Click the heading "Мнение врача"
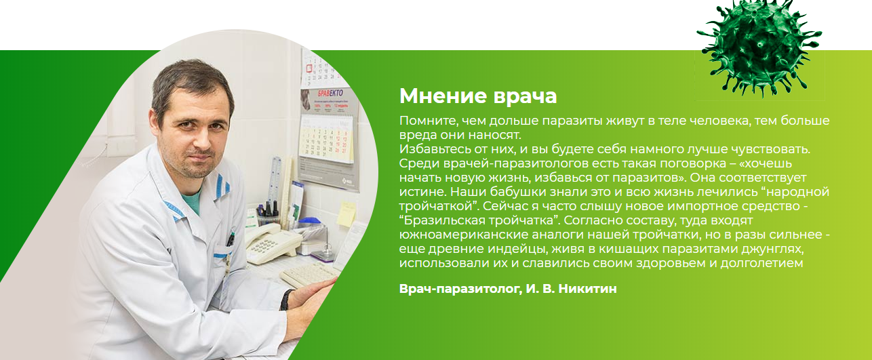[478, 96]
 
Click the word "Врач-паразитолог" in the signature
[459, 289]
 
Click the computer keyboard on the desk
[309, 273]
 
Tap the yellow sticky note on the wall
[346, 213]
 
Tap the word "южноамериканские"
[451, 235]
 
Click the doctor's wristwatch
[288, 299]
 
